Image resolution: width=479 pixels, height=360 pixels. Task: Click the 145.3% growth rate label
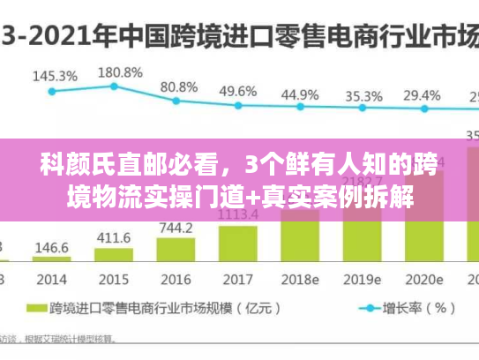[55, 76]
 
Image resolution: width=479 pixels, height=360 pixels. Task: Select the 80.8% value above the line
[179, 87]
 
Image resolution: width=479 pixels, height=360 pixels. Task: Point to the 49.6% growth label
[238, 91]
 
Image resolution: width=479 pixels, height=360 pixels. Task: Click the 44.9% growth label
[300, 94]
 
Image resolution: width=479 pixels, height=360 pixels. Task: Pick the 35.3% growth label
[363, 95]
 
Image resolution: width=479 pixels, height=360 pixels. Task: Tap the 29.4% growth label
[423, 95]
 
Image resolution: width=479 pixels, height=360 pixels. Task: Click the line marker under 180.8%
[114, 86]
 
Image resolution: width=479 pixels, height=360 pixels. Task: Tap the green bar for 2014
[51, 259]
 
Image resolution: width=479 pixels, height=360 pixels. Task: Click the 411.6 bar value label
[113, 237]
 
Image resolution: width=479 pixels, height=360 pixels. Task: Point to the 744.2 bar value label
[176, 228]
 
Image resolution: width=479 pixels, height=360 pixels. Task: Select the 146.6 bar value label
[51, 248]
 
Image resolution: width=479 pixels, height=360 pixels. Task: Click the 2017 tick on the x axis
[236, 279]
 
